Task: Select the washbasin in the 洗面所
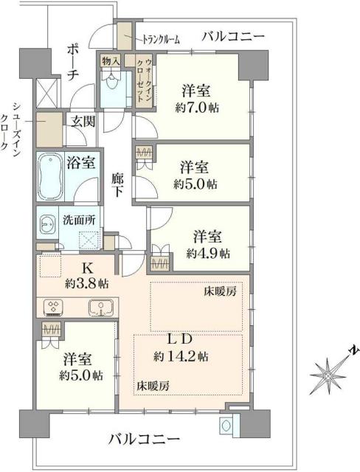[x=49, y=223]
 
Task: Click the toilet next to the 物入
[x=112, y=91]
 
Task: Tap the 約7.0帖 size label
[x=197, y=106]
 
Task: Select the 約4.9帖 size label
[x=207, y=253]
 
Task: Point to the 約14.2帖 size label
[x=181, y=356]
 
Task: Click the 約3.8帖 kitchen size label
[x=86, y=282]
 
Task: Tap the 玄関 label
[x=82, y=122]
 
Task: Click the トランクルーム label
[x=161, y=40]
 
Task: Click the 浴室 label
[x=80, y=162]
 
